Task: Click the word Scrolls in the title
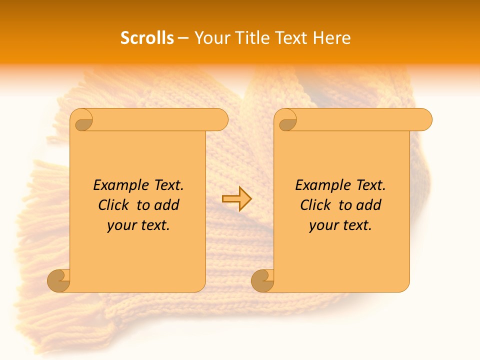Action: (x=147, y=38)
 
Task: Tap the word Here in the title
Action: (x=332, y=38)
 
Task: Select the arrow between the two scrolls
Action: (x=236, y=199)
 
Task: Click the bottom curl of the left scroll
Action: (x=59, y=280)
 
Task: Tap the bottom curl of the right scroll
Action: (x=263, y=280)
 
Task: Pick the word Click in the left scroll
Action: (x=113, y=205)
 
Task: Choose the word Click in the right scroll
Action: (x=315, y=205)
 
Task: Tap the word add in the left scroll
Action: (x=167, y=205)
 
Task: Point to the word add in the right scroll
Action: (x=369, y=205)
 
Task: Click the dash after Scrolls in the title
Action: (x=183, y=38)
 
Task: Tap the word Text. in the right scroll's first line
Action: (x=370, y=185)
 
